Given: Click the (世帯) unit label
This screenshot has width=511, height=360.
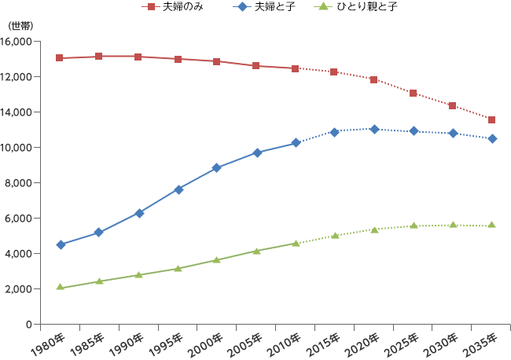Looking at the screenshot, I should point(20,26).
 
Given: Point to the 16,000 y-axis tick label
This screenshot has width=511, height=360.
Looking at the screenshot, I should point(18,41).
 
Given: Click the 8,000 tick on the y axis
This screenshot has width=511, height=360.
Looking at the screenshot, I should point(20,182).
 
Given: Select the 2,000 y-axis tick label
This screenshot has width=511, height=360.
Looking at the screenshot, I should point(20,288).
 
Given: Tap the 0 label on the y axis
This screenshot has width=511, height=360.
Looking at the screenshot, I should point(29,324).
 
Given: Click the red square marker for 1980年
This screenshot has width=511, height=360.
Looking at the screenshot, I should point(60,58).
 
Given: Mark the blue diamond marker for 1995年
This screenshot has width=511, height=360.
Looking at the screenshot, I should point(178,189).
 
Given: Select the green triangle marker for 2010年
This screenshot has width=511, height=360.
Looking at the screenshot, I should point(296,244).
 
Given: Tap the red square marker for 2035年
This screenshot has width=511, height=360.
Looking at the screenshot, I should point(491,119).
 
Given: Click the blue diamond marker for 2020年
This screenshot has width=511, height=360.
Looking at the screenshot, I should point(374,129).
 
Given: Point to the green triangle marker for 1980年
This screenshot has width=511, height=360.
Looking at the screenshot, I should point(60,288).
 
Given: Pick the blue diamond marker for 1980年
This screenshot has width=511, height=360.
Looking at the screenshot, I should point(60,244).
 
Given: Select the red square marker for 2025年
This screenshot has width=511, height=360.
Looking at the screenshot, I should point(414,93).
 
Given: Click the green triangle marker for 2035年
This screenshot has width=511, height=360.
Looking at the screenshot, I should point(491,225).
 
